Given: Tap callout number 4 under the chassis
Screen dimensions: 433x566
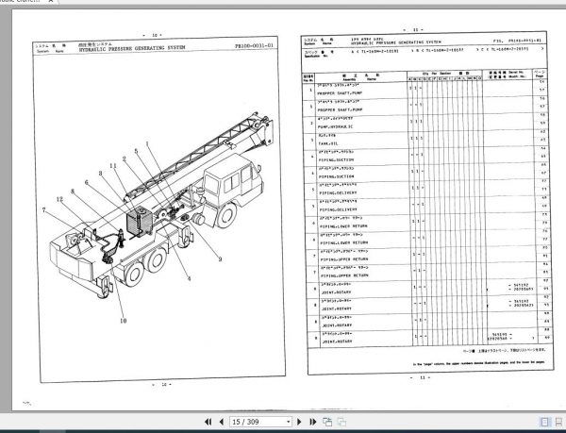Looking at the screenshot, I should coord(189,278).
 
